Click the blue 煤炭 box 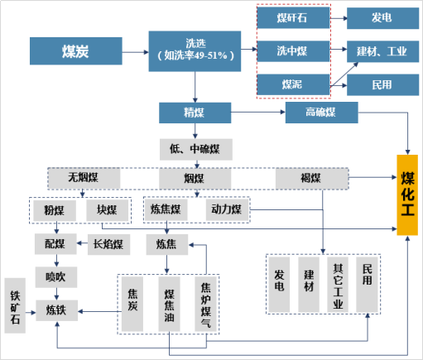click(76, 51)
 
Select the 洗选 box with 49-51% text click(195, 51)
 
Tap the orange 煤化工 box click(407, 195)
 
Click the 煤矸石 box click(293, 18)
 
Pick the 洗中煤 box click(293, 51)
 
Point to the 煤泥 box click(293, 84)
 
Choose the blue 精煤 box click(195, 113)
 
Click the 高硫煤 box click(322, 113)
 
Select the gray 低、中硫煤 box click(196, 149)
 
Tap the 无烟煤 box click(84, 178)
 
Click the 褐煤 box click(312, 179)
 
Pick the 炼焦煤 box click(166, 210)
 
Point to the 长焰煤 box click(108, 244)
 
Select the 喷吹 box click(56, 277)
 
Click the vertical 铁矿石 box click(15, 305)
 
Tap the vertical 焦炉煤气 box click(205, 304)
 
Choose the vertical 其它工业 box click(338, 285)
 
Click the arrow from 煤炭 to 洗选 click(136, 52)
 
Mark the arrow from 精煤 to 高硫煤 click(258, 112)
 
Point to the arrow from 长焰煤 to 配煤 click(82, 243)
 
